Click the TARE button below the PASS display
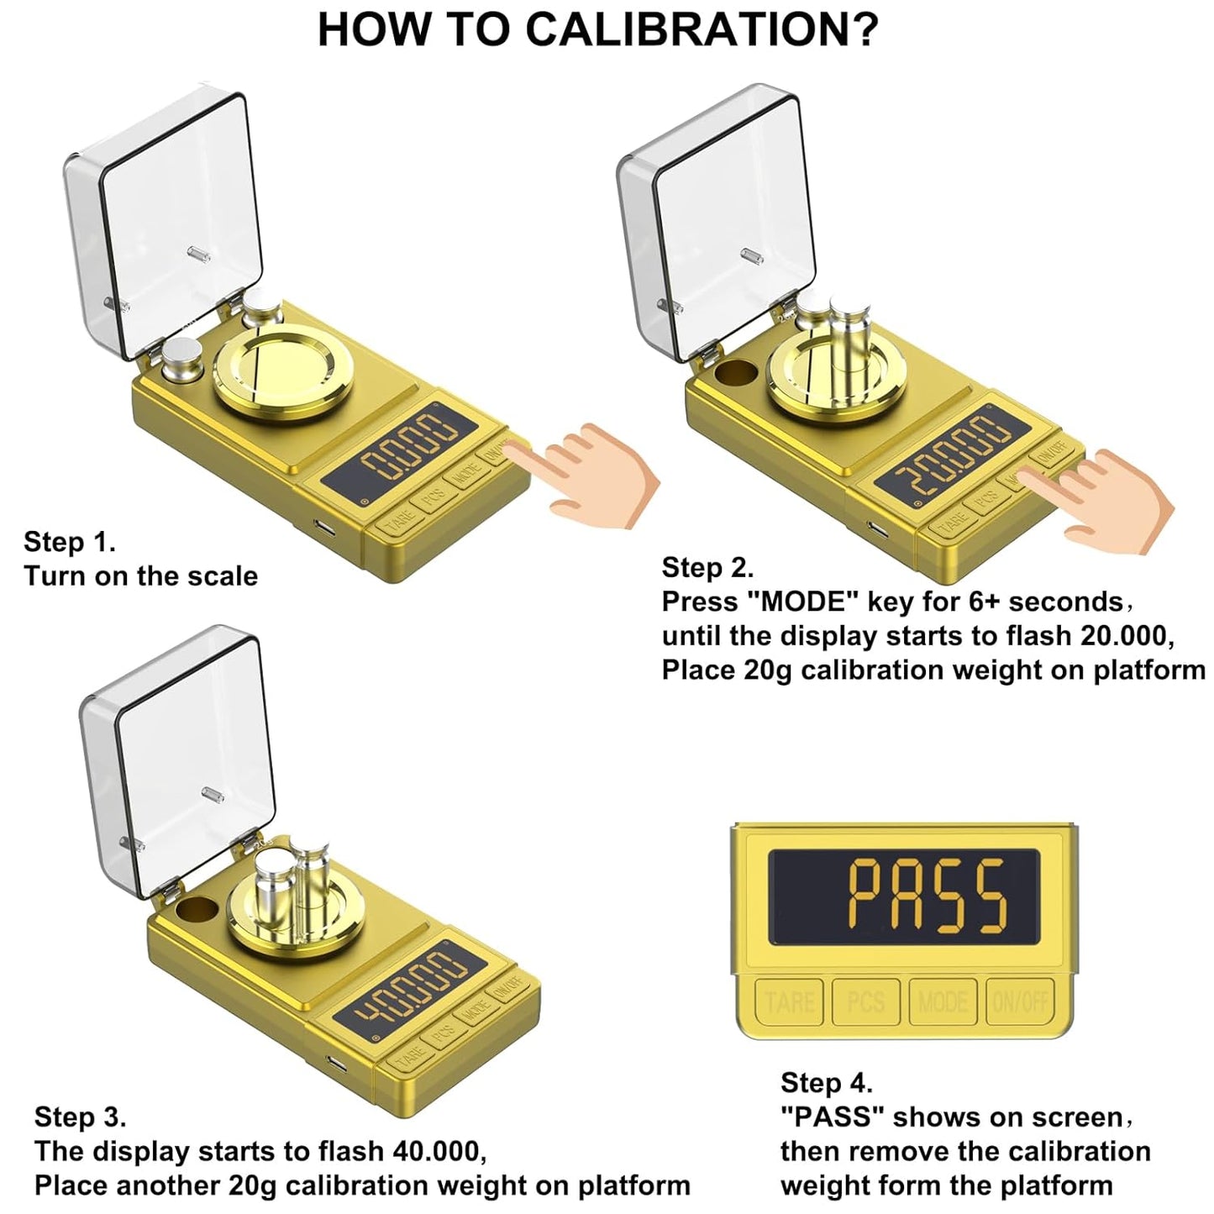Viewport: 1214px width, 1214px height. pos(789,1001)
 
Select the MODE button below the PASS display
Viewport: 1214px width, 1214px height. pos(943,1001)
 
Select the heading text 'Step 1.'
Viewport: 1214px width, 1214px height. pos(70,542)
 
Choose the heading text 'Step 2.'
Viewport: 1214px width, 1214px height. pos(707,568)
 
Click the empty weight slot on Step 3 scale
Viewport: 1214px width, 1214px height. pos(197,911)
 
